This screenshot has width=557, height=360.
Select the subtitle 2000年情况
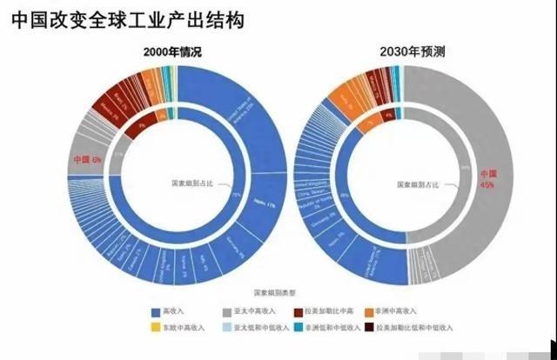172,52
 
